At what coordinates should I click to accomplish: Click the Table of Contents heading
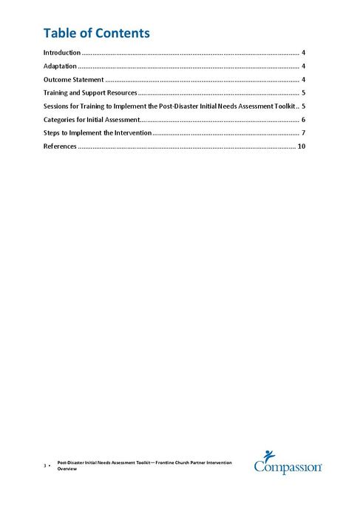point(96,33)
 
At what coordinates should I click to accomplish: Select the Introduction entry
point(62,53)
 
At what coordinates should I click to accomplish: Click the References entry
point(60,146)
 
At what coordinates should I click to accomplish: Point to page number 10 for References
point(301,146)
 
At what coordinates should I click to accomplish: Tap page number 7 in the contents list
point(303,133)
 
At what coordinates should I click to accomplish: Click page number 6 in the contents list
point(303,120)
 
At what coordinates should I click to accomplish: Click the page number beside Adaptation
point(303,67)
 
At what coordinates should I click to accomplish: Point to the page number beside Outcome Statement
point(303,80)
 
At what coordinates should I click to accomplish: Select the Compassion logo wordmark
point(288,467)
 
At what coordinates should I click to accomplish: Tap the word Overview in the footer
point(67,469)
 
